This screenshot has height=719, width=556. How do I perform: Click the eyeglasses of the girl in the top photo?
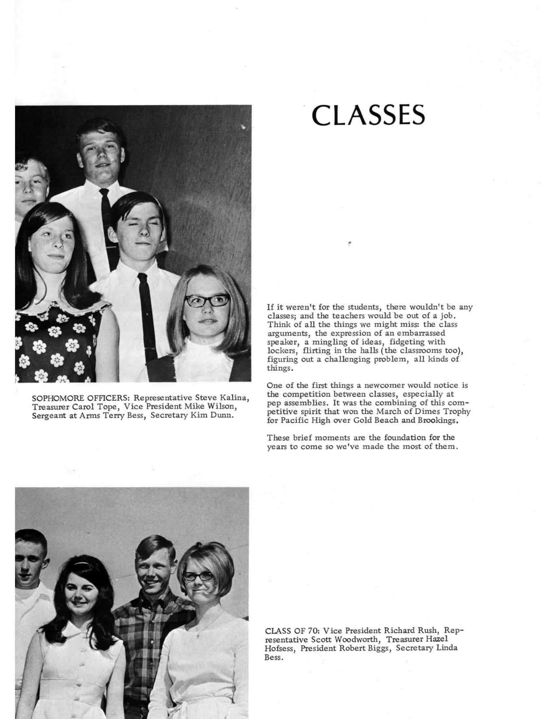[x=207, y=301]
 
